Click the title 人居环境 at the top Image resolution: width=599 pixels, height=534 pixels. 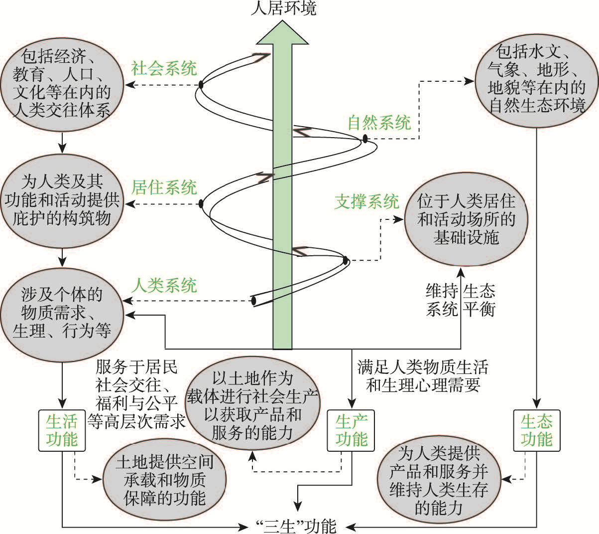[283, 8]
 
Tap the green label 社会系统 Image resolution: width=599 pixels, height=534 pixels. [164, 68]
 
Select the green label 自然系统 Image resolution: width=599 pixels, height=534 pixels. [379, 122]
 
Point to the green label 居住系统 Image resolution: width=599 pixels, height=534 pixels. [164, 187]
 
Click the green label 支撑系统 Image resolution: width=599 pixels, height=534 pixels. [366, 201]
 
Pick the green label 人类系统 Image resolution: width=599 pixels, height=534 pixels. [164, 286]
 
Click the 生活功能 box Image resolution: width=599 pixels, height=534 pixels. [62, 430]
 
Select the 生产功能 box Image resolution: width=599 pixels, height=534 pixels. [351, 430]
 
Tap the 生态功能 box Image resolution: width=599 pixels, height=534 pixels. [536, 430]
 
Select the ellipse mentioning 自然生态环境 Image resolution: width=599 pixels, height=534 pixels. [536, 80]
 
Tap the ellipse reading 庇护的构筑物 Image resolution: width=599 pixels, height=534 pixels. [62, 199]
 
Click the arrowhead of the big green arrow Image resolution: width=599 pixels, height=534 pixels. [282, 35]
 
